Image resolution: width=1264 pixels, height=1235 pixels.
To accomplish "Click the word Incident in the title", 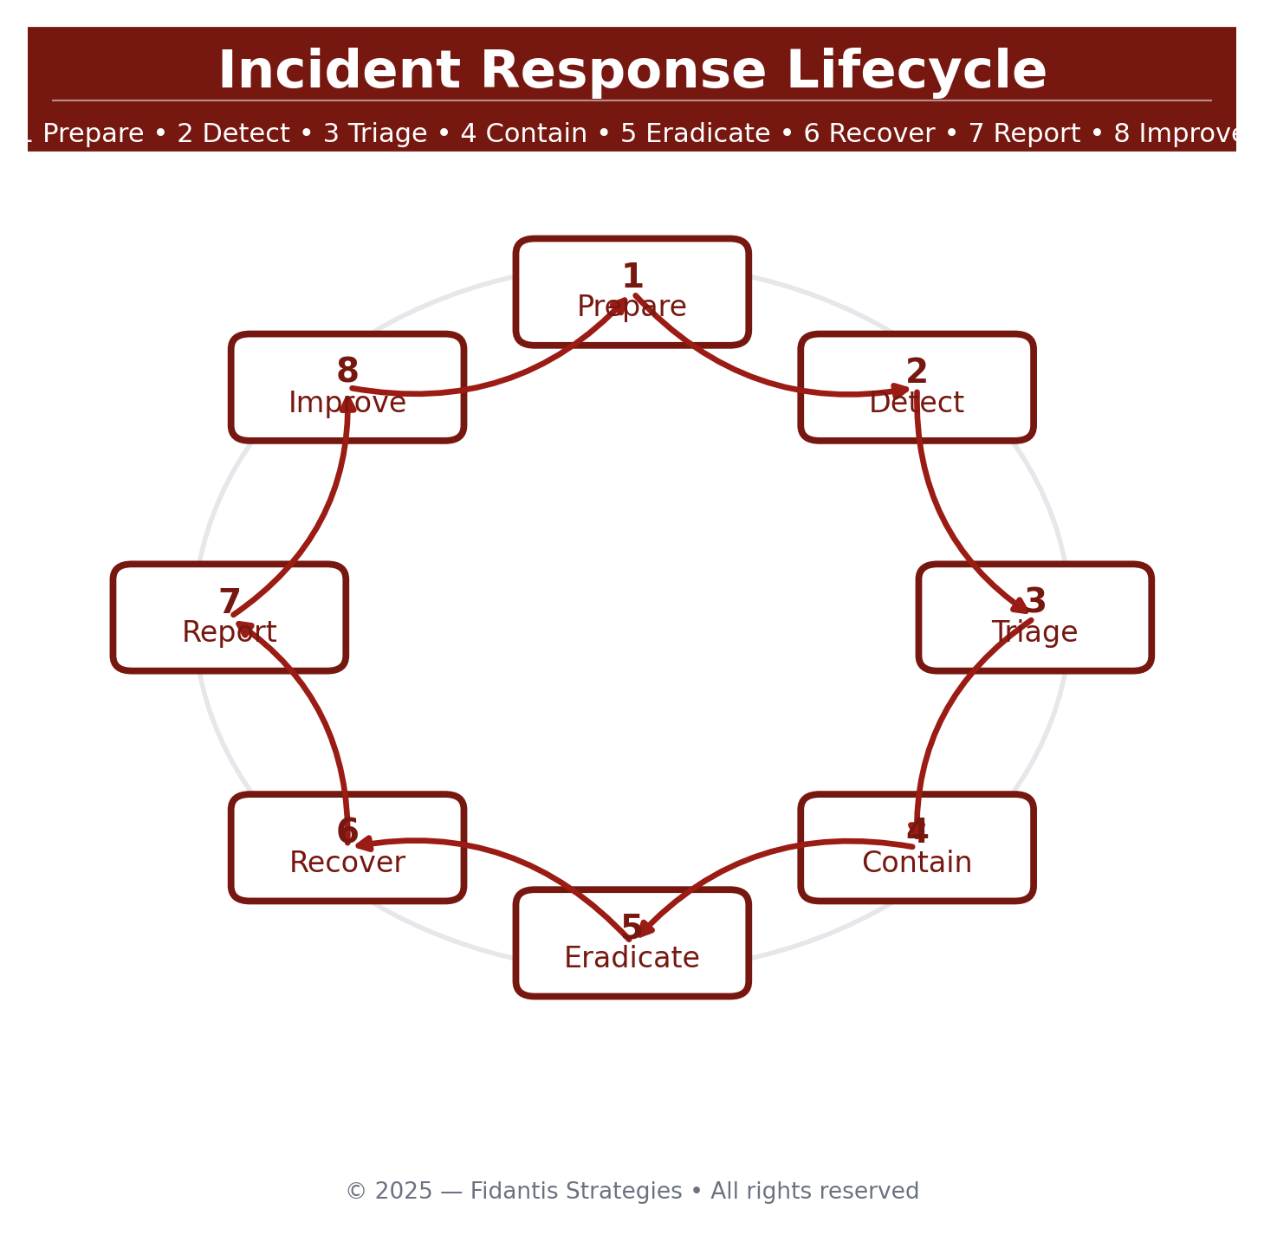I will pyautogui.click(x=339, y=71).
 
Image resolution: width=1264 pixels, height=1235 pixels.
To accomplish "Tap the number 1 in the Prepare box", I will pyautogui.click(x=632, y=277).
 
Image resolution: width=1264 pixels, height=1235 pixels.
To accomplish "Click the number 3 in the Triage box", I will pyautogui.click(x=1035, y=601).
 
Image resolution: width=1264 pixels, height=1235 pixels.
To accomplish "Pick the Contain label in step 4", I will pyautogui.click(x=917, y=863).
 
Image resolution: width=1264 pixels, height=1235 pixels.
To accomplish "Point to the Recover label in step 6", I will pyautogui.click(x=347, y=863).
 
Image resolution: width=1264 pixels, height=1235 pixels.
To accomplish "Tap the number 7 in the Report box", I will pyautogui.click(x=229, y=602).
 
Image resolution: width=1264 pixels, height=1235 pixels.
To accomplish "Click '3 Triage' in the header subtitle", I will pyautogui.click(x=375, y=134).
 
